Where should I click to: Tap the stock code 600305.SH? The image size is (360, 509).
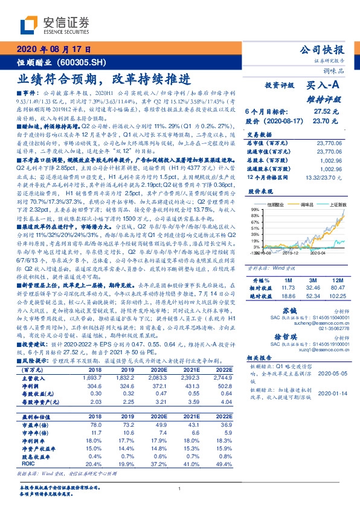(x=88, y=62)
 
